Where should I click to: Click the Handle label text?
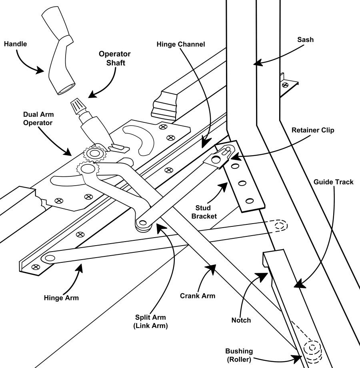[16, 44]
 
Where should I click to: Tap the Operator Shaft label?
[115, 58]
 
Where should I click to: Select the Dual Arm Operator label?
[38, 118]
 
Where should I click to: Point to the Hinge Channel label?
[181, 44]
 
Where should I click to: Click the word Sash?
[305, 40]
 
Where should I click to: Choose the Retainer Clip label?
[313, 130]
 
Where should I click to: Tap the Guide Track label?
[334, 182]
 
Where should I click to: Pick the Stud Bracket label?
[204, 212]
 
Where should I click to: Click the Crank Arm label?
[198, 296]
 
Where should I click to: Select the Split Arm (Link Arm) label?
[150, 322]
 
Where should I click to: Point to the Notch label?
[241, 320]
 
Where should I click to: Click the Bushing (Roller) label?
[239, 355]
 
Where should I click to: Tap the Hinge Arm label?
[61, 298]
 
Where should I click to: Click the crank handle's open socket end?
[67, 89]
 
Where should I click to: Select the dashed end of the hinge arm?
[279, 226]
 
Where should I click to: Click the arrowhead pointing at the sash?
[258, 63]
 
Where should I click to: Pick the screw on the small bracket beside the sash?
[285, 85]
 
